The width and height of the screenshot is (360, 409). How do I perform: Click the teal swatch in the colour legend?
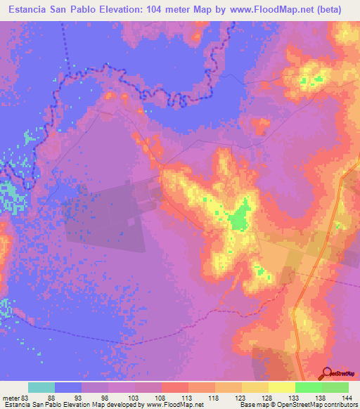[41, 387]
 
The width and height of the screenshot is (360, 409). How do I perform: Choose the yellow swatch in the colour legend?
[281, 387]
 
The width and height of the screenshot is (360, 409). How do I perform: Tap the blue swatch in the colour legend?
[68, 387]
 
